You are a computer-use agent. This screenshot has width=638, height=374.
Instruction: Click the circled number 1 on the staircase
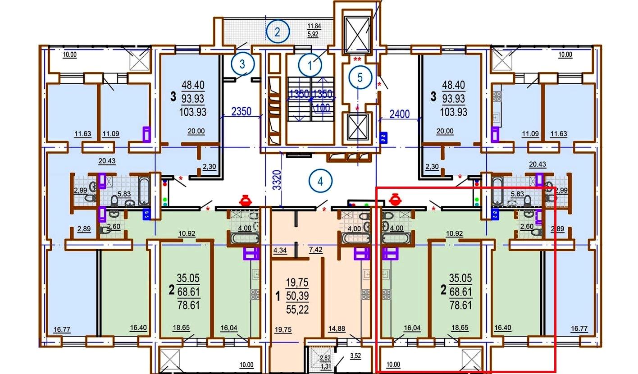310,65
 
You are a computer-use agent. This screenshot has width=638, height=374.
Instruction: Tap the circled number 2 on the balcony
278,32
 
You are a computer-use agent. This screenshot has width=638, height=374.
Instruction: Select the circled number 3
242,64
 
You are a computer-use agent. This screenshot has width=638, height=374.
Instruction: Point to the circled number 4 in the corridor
320,181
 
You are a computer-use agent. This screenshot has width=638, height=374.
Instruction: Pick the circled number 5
360,77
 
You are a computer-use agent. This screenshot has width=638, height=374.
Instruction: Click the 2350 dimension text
241,111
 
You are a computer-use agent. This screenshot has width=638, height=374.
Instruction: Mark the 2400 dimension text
400,114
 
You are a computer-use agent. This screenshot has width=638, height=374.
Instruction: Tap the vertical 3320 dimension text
277,180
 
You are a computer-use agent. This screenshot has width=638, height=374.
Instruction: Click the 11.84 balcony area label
314,26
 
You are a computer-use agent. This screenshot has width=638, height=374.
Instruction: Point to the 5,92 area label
313,34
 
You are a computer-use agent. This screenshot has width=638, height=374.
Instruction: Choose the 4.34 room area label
280,251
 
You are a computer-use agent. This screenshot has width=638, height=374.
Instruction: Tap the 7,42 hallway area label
315,250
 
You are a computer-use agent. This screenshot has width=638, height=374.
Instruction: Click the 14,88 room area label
337,328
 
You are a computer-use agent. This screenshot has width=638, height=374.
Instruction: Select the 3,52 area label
355,356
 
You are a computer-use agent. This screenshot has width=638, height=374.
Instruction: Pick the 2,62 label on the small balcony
325,358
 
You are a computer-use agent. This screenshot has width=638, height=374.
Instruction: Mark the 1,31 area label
326,366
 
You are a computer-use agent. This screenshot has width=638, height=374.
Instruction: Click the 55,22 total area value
297,310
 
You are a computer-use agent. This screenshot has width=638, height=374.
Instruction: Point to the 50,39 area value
297,296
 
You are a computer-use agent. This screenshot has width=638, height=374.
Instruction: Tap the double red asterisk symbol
357,59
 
